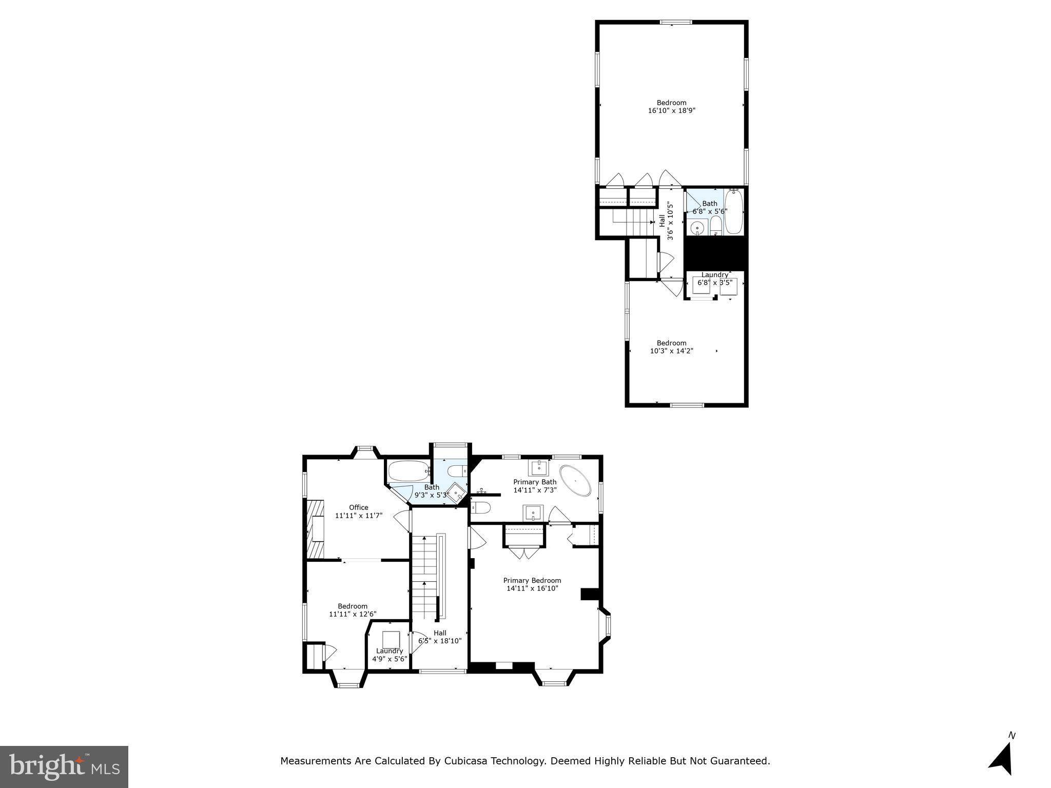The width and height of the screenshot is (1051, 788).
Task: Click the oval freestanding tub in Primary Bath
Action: (575, 481)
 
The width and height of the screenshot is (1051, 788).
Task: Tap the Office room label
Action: (359, 507)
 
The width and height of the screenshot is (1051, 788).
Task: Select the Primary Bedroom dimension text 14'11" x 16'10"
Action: (532, 588)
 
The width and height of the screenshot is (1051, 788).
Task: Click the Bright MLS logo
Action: (64, 766)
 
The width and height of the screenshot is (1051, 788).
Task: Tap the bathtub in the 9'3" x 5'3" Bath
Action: (408, 470)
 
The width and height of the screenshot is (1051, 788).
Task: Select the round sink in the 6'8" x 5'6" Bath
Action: (697, 228)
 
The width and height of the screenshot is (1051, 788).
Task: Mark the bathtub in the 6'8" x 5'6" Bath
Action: (733, 212)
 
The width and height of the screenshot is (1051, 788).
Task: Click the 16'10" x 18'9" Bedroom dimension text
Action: (671, 110)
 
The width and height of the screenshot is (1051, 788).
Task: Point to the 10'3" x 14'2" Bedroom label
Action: (671, 343)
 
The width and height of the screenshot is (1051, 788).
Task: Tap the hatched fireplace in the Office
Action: (316, 528)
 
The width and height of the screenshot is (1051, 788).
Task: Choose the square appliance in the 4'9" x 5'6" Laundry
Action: (391, 640)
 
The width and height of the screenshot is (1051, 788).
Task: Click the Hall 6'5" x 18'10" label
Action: (440, 637)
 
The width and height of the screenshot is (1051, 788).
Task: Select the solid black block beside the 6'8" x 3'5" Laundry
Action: (715, 253)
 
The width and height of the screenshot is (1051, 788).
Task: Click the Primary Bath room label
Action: (535, 482)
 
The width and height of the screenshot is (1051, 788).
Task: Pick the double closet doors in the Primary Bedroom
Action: (524, 553)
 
